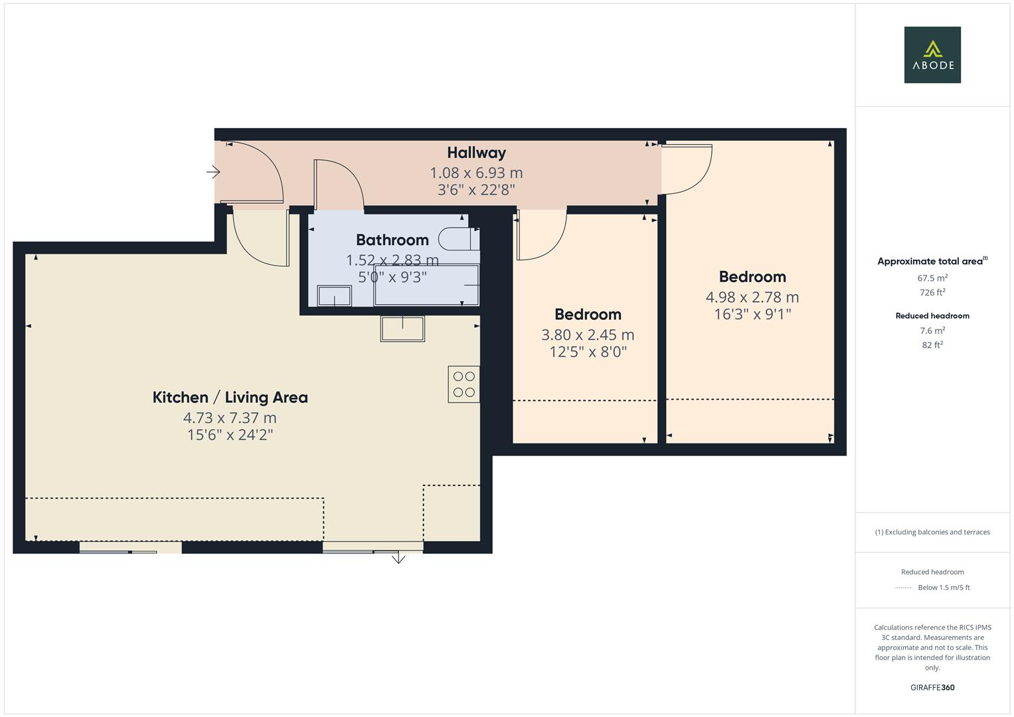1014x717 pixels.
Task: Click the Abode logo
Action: [x=932, y=55]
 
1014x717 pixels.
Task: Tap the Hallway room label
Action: [x=476, y=153]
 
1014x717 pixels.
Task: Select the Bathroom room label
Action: [x=392, y=240]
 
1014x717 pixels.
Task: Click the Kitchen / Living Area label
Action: [x=230, y=398]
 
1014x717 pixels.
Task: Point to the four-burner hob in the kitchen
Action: [x=464, y=384]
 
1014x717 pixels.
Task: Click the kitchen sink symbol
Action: [x=402, y=329]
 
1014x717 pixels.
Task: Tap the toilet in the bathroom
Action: [x=460, y=238]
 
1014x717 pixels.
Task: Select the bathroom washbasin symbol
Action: [x=334, y=295]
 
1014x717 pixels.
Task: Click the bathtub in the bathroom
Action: [x=426, y=285]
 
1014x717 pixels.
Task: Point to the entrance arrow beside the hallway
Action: [x=213, y=173]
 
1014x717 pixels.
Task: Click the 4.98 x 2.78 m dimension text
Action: [x=752, y=297]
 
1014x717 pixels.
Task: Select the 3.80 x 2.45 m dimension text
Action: [x=588, y=335]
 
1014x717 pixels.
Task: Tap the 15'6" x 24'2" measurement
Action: [x=230, y=435]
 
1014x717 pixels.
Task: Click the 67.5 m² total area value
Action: [x=932, y=278]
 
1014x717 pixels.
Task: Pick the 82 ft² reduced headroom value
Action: [x=932, y=345]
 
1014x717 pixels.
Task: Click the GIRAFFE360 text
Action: [x=932, y=687]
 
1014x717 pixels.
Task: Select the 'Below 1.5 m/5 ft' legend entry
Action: [x=943, y=588]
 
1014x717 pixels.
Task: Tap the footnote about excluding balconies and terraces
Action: [x=932, y=532]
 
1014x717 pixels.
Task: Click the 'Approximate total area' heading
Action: [x=931, y=262]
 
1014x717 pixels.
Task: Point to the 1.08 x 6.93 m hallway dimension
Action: [x=476, y=173]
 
